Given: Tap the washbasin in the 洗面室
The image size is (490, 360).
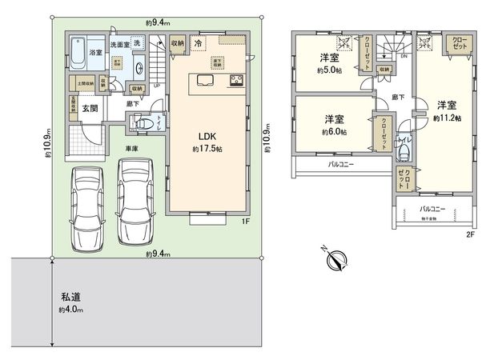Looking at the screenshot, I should pyautogui.click(x=138, y=67).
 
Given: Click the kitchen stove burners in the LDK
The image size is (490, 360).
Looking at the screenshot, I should pyautogui.click(x=238, y=79).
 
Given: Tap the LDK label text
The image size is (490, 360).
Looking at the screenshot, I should pyautogui.click(x=207, y=136).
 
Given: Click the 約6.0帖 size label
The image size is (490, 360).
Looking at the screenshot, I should pyautogui.click(x=334, y=131).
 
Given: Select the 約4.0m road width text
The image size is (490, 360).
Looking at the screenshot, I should pyautogui.click(x=70, y=310).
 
